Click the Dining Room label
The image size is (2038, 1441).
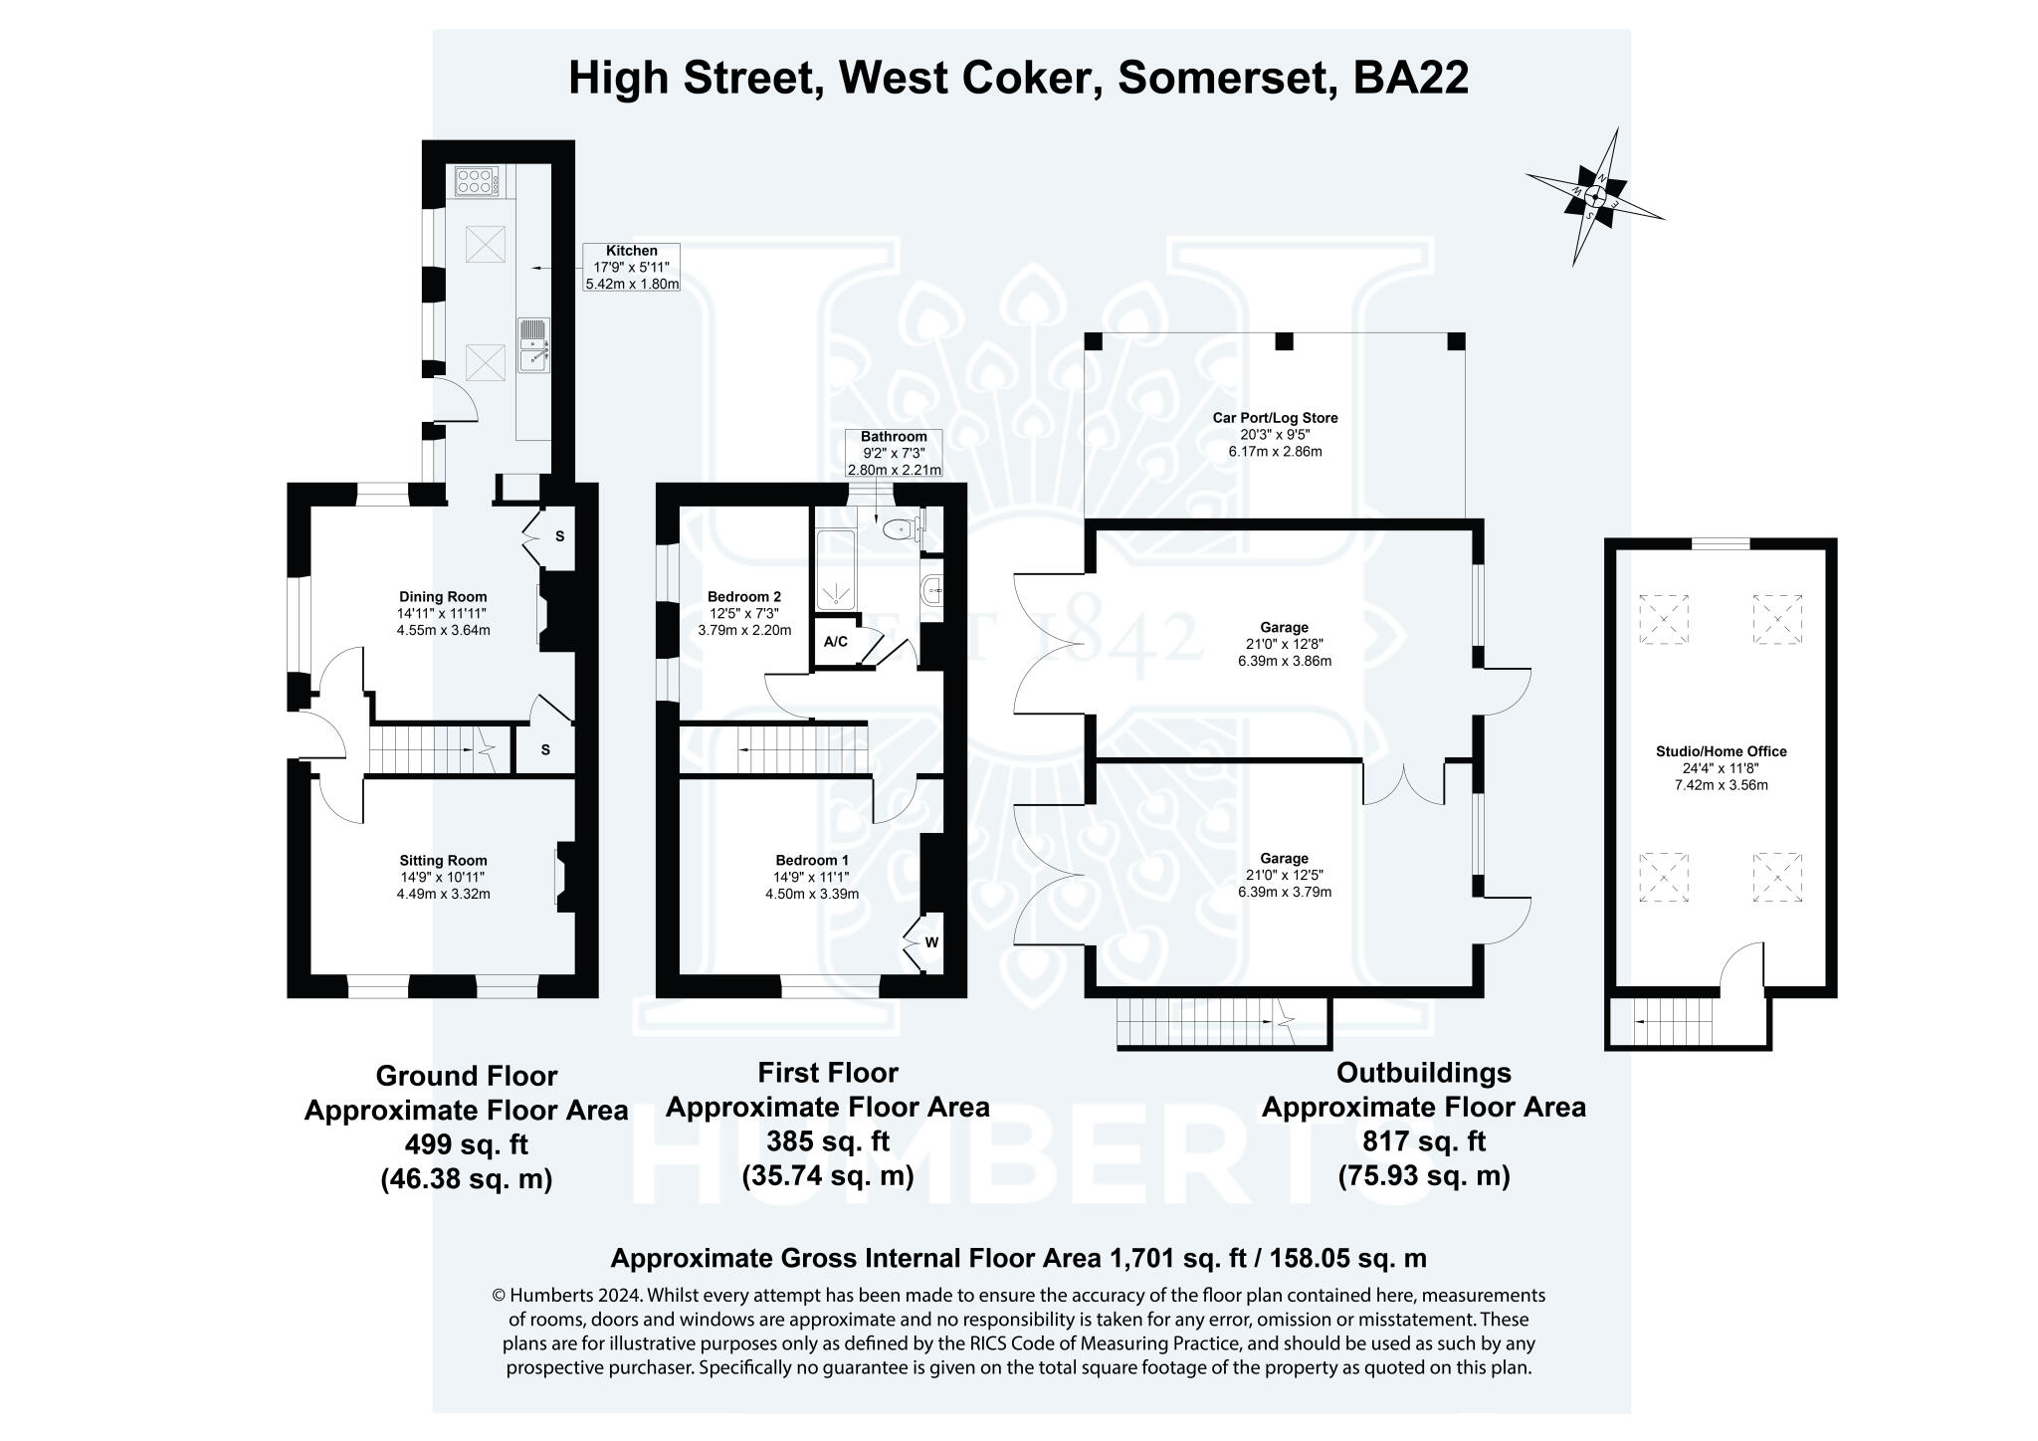click(x=443, y=597)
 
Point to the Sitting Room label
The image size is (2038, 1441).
click(x=443, y=861)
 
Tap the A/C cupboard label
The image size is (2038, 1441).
click(x=836, y=642)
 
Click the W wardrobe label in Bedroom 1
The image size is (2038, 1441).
click(x=931, y=942)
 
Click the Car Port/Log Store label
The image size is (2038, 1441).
click(x=1275, y=418)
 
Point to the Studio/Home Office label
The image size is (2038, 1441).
click(x=1721, y=751)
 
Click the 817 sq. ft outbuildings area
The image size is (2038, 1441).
click(x=1424, y=1140)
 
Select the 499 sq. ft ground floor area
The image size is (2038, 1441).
click(x=466, y=1144)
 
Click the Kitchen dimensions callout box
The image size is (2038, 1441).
click(x=632, y=267)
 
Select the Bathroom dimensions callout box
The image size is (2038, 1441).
click(x=894, y=453)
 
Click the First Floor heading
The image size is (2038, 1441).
click(x=827, y=1073)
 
